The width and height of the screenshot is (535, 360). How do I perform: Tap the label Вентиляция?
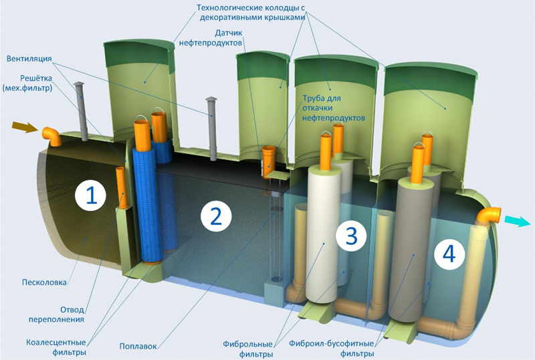[x=29, y=59]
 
